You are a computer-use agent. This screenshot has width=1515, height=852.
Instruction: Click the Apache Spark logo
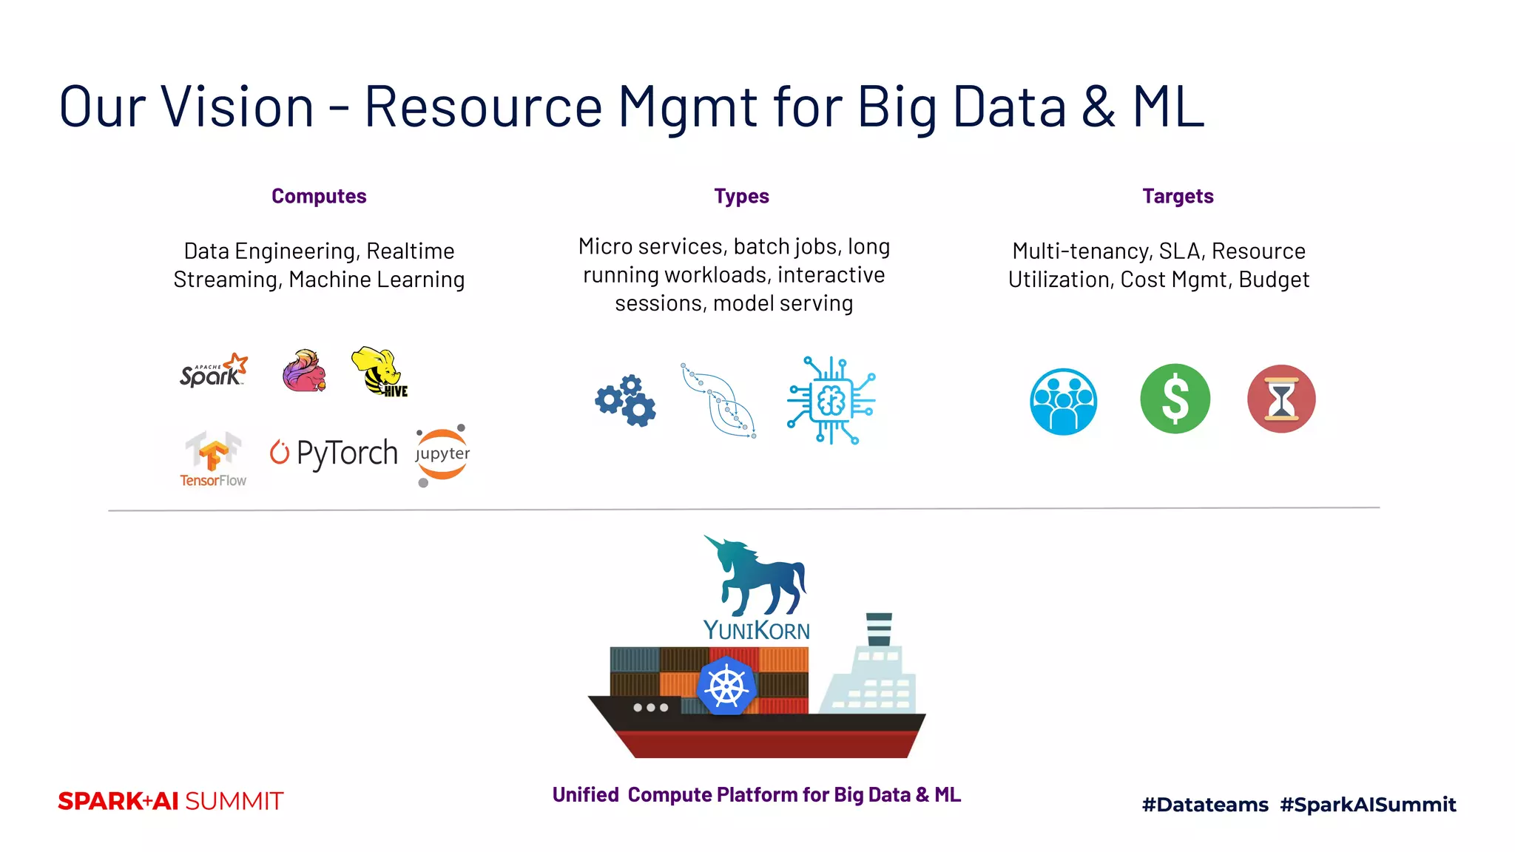213,371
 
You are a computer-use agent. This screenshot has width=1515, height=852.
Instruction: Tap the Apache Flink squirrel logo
304,371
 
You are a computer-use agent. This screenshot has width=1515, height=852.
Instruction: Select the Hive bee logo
379,372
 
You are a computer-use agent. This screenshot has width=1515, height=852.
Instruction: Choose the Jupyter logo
442,454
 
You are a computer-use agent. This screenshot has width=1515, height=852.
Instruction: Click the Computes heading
319,196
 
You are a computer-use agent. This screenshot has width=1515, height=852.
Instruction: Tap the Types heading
741,196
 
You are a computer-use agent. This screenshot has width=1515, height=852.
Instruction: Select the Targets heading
1178,196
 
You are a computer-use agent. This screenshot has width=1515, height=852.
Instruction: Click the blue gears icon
626,400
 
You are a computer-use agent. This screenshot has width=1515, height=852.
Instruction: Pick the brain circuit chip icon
831,400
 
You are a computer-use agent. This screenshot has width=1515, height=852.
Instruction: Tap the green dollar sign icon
1175,399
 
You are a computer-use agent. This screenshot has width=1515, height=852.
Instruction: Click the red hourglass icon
1281,399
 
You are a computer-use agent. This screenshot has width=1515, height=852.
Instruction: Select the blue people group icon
1063,402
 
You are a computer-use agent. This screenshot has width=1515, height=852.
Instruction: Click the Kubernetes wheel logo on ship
726,686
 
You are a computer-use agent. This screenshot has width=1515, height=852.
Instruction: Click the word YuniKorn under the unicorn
756,630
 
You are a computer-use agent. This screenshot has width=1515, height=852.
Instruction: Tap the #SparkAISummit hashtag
1368,804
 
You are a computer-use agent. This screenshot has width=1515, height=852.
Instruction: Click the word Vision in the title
238,106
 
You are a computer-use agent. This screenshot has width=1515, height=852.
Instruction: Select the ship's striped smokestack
879,629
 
